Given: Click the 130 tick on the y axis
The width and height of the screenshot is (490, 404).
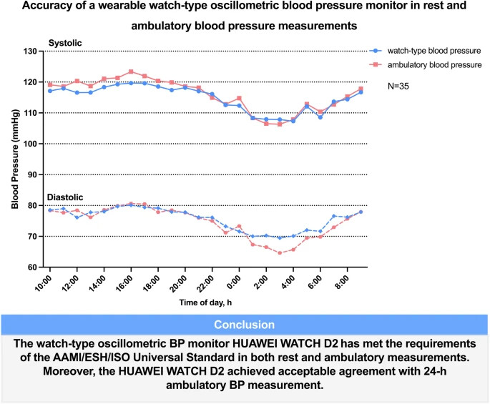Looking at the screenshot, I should [x=33, y=51].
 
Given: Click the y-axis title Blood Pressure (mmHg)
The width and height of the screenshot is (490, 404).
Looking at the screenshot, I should [x=14, y=159].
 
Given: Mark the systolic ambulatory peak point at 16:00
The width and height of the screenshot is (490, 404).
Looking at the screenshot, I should [x=131, y=72].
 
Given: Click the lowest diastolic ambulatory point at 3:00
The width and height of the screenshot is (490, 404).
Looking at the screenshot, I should [x=280, y=252].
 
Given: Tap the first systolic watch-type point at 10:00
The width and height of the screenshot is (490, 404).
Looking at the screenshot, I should [x=50, y=91].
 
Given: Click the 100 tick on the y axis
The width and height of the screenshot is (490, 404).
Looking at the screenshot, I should [x=33, y=144].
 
